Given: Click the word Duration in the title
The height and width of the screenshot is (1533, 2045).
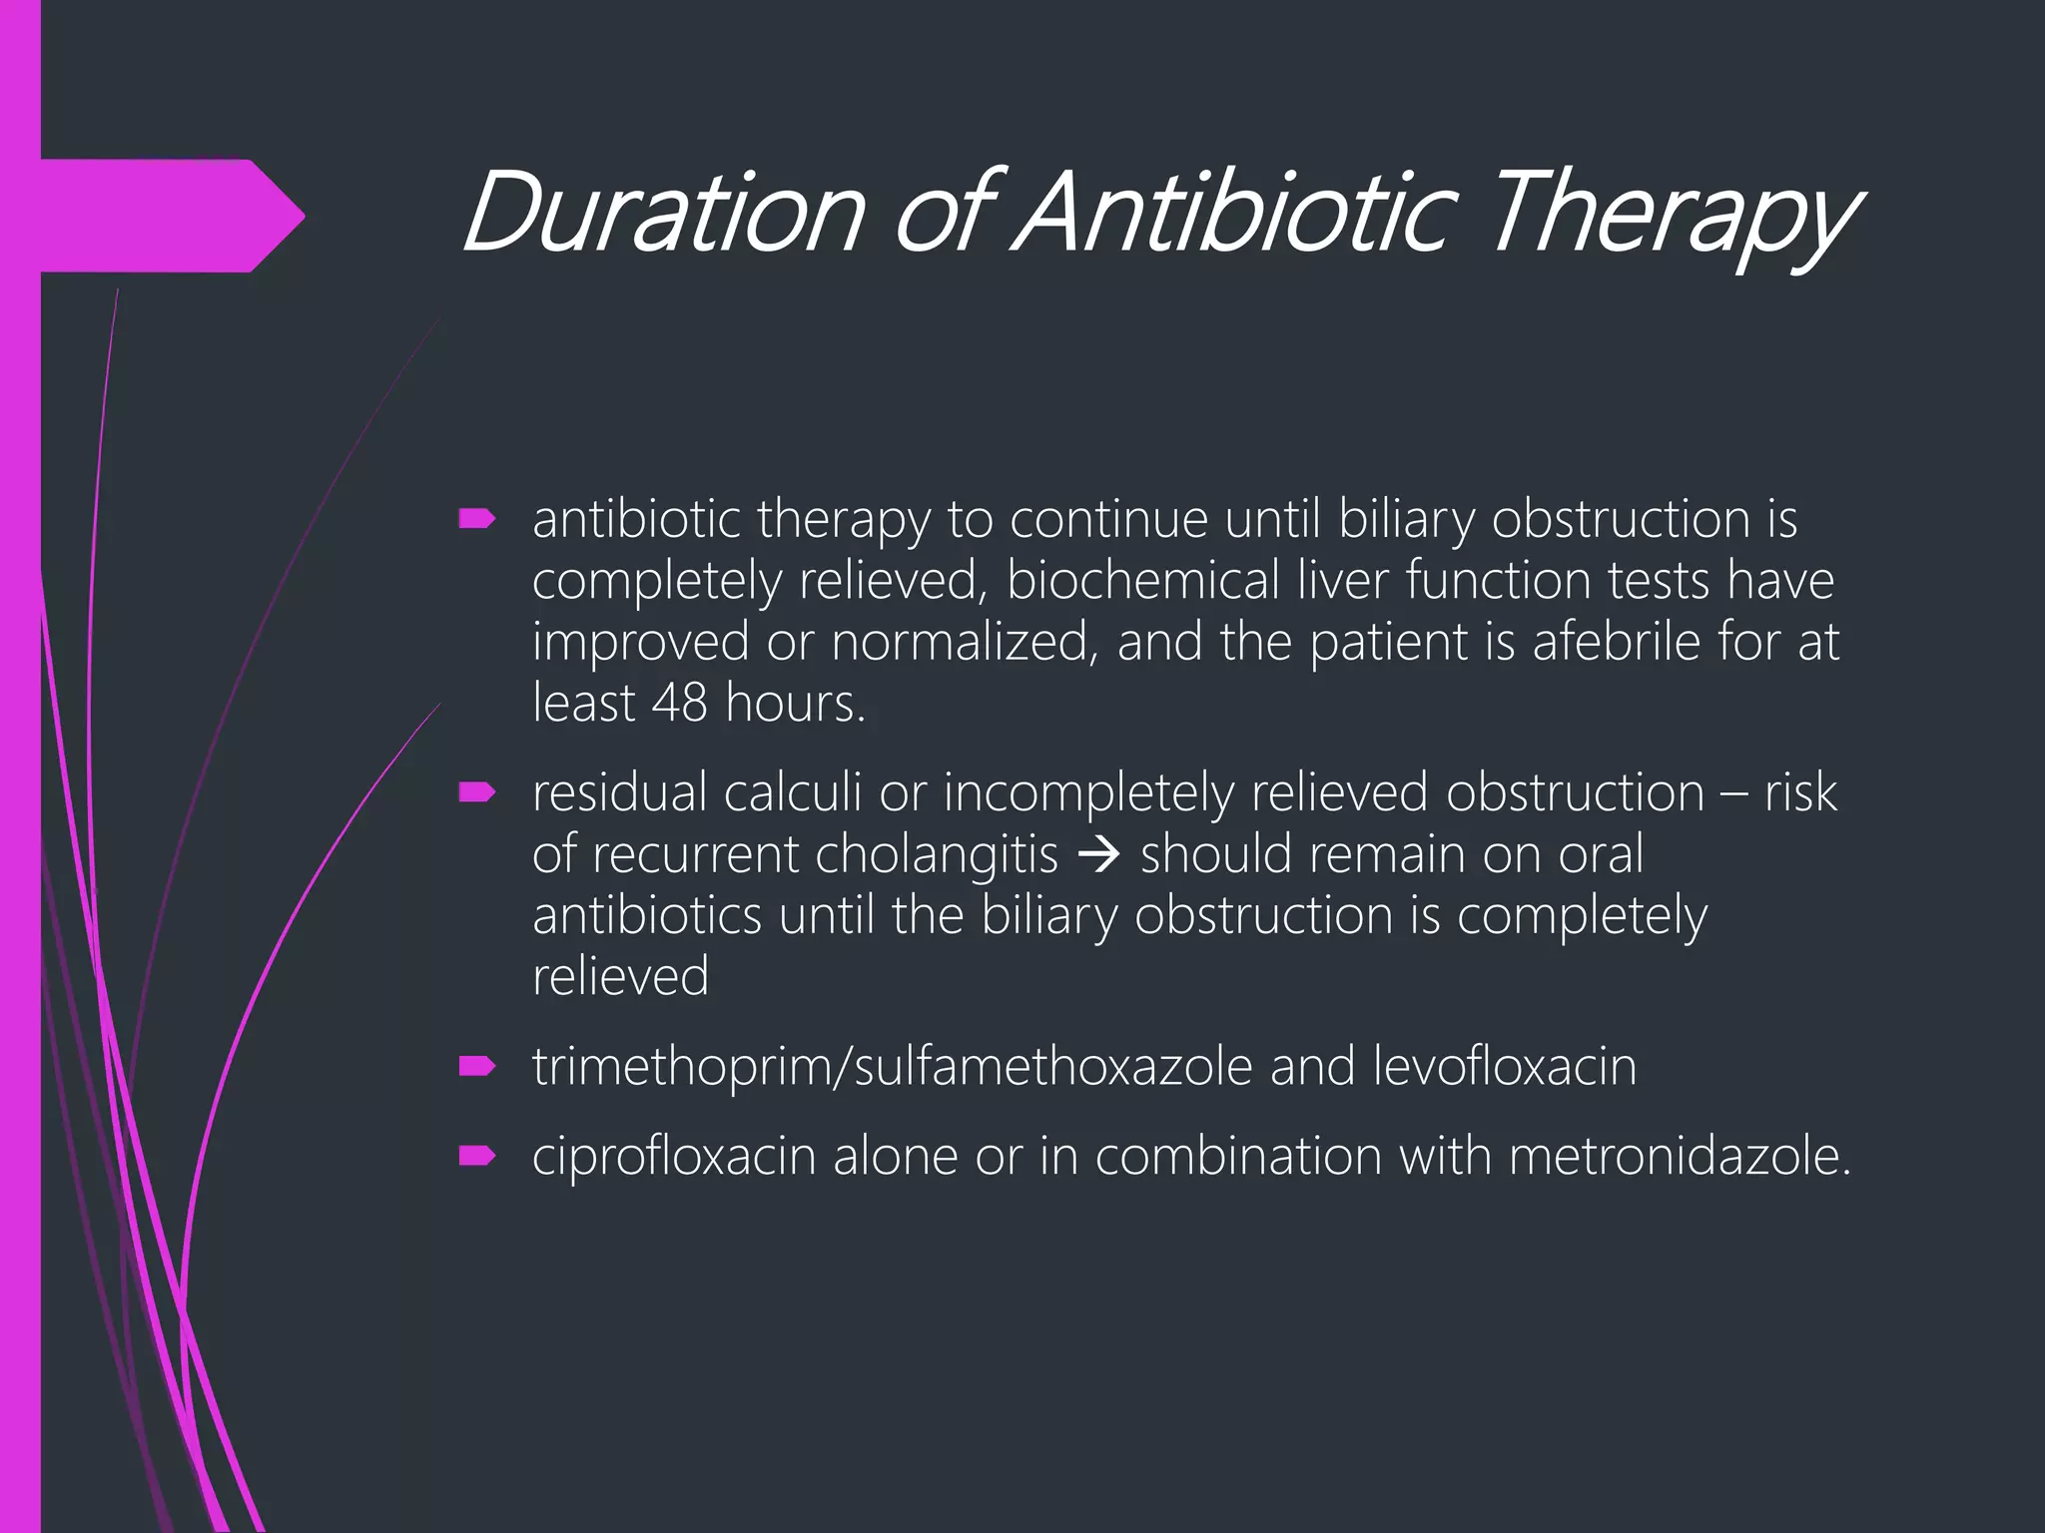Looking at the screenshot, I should [x=662, y=212].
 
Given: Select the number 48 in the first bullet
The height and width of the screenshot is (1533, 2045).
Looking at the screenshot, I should [x=680, y=703].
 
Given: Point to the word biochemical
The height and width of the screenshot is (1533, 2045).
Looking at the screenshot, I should [x=1142, y=580].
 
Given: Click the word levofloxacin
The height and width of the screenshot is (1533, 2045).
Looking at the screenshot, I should [x=1505, y=1066].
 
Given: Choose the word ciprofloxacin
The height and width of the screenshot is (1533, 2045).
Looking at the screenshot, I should [x=674, y=1157].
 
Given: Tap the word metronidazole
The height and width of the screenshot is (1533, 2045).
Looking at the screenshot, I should [x=1680, y=1156].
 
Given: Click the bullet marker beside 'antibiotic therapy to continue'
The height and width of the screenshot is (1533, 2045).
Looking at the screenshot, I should [x=477, y=518].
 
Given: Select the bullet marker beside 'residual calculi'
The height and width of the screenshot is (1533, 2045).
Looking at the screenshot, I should [x=477, y=792].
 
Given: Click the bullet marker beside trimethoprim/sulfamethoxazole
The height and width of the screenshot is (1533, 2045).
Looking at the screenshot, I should [x=477, y=1066].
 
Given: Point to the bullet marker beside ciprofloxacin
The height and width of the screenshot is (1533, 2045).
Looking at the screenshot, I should [x=477, y=1156].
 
